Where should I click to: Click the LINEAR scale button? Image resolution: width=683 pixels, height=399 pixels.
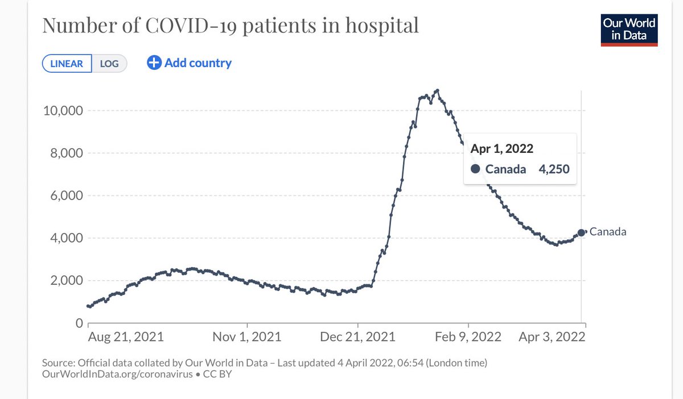[x=66, y=63]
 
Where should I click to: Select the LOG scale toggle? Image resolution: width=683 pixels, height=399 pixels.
[x=109, y=63]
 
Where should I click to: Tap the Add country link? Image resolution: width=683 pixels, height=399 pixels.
[x=198, y=63]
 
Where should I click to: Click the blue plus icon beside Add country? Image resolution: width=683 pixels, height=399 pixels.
[x=154, y=63]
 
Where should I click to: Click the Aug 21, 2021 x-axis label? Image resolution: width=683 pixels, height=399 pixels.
[x=126, y=336]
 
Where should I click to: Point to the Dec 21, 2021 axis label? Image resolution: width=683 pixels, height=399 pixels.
[x=358, y=336]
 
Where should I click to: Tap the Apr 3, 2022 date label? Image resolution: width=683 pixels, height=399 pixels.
[x=552, y=336]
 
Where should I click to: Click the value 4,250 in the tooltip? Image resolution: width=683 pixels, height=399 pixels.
[x=554, y=169]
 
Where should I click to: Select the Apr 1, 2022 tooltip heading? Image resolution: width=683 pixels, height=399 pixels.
[x=501, y=148]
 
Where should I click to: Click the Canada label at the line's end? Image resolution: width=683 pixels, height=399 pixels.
[x=608, y=231]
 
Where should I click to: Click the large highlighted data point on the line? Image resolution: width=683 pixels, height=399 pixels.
[x=581, y=232]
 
